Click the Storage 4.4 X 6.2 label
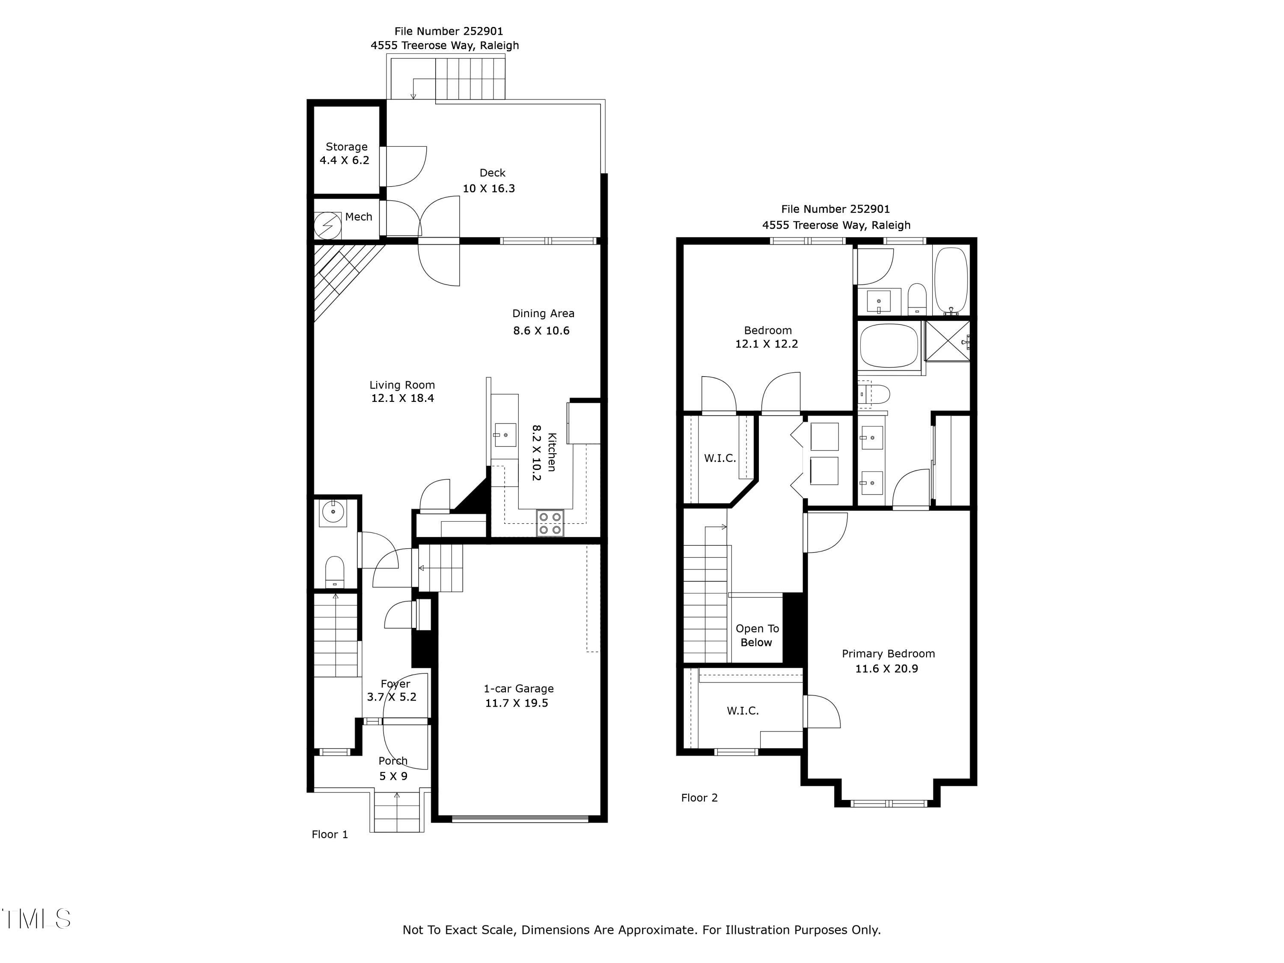[346, 153]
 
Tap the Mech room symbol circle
[327, 225]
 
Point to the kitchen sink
[505, 434]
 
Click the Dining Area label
[543, 313]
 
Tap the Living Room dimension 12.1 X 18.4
[402, 398]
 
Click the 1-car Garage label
[518, 688]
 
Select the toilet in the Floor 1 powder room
[334, 572]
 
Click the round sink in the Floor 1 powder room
[333, 512]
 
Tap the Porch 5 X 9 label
[393, 768]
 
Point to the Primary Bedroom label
[888, 654]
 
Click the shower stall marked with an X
[947, 340]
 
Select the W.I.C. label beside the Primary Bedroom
[743, 710]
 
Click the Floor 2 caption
[699, 797]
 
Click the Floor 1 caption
[330, 834]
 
